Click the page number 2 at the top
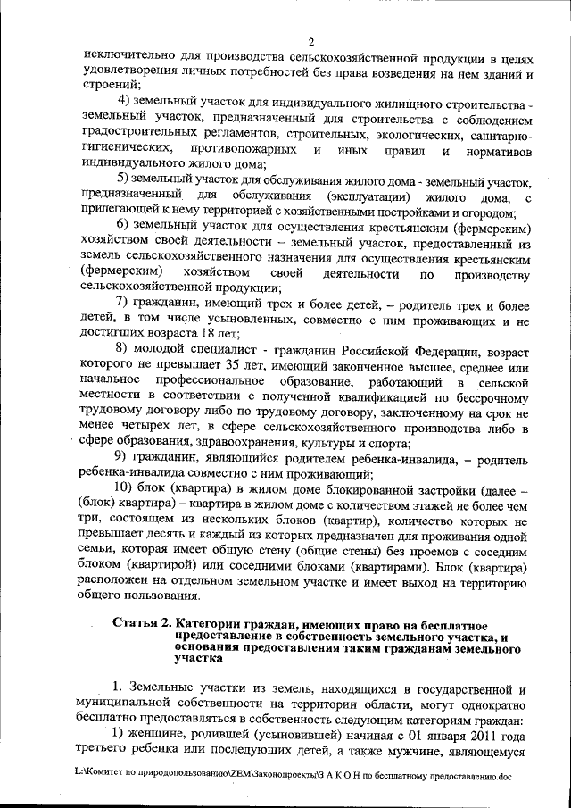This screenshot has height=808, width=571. (311, 41)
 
